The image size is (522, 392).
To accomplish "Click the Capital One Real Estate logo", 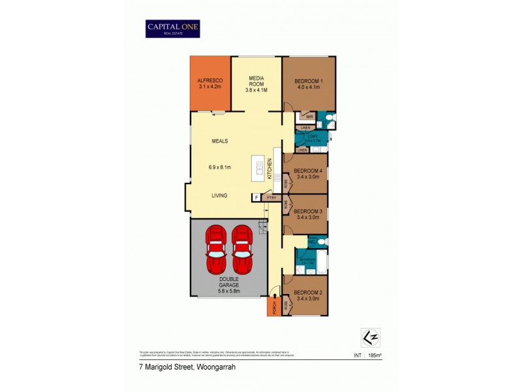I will pyautogui.click(x=172, y=28).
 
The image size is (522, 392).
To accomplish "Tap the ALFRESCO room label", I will pyautogui.click(x=210, y=82).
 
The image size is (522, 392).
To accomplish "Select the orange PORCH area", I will pyautogui.click(x=274, y=306).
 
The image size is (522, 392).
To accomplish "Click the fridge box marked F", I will pyautogui.click(x=256, y=197).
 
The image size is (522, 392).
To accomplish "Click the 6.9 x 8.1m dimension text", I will pyautogui.click(x=220, y=169).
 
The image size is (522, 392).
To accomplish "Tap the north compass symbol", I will pyautogui.click(x=369, y=336).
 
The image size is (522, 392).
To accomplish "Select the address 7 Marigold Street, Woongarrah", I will pyautogui.click(x=178, y=367).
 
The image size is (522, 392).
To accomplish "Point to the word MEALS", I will pyautogui.click(x=219, y=141).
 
